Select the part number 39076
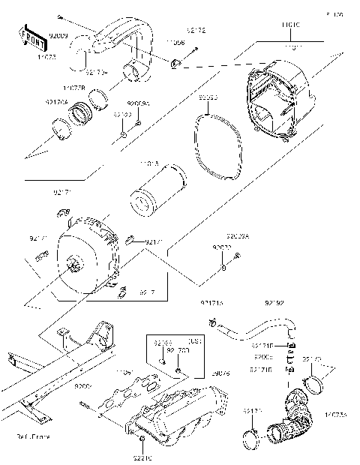[x=220, y=373]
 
